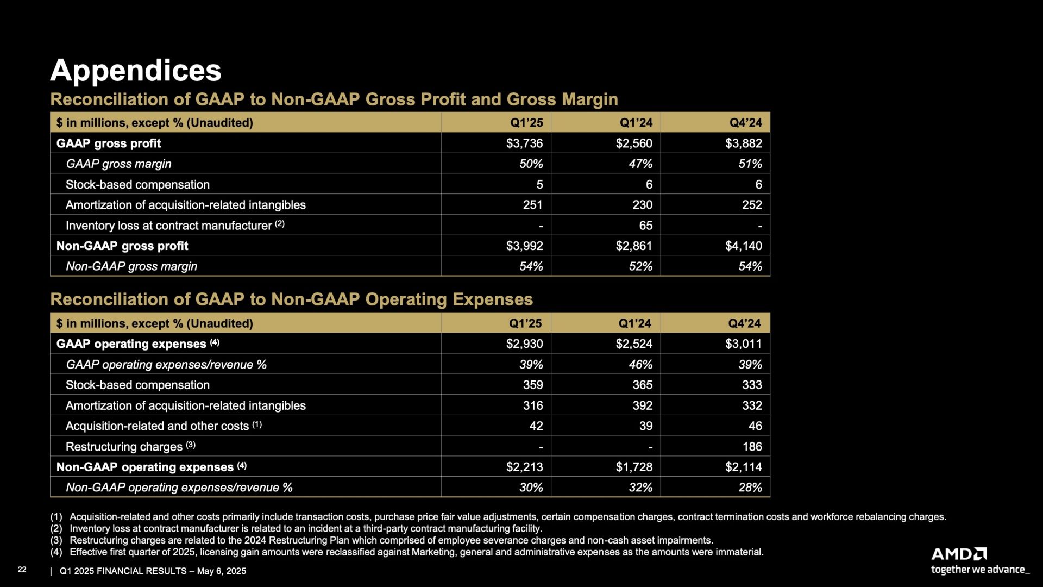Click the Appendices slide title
(x=136, y=71)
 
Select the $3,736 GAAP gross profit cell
(x=524, y=143)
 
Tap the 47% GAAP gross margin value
(x=640, y=164)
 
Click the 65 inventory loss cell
(x=646, y=226)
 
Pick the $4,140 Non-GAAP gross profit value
(x=744, y=246)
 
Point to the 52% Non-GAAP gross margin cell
(x=640, y=266)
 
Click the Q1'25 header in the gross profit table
(x=526, y=123)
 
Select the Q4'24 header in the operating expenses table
(x=745, y=323)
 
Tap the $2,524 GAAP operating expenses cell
(x=634, y=344)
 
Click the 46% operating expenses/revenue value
(x=640, y=365)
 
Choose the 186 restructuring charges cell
(x=752, y=447)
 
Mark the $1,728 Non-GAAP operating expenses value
(x=634, y=467)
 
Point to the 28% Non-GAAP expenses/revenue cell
(x=750, y=488)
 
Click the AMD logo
(x=959, y=554)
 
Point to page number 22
(x=22, y=570)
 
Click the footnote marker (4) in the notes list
(x=56, y=552)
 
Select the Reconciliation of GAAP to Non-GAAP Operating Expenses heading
(x=291, y=299)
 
